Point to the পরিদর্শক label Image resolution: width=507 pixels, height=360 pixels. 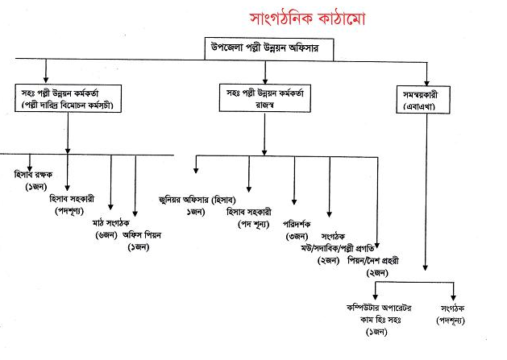[x=297, y=223]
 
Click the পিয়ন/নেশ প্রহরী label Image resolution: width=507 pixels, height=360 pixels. [x=374, y=261]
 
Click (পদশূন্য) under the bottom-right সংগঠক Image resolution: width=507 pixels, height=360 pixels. [x=451, y=320]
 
